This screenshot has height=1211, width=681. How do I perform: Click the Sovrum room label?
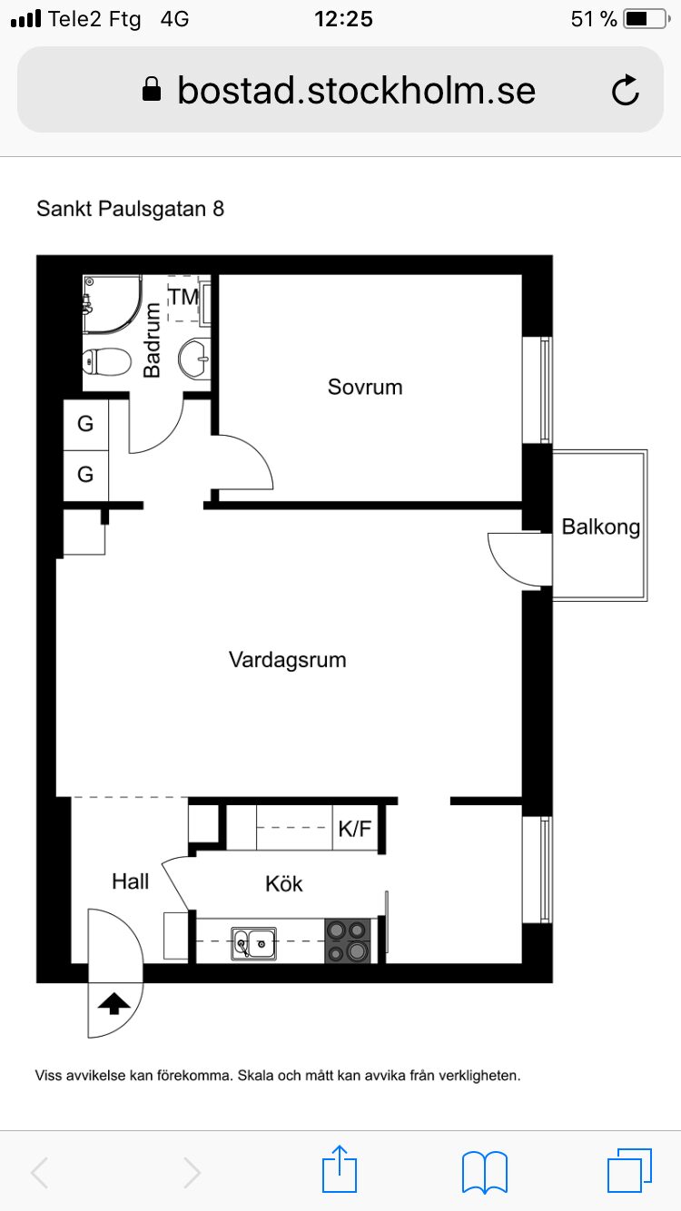[365, 388]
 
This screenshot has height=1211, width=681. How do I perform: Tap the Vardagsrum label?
[287, 660]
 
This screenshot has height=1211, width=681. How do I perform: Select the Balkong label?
[600, 527]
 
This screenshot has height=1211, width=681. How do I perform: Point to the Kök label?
[283, 883]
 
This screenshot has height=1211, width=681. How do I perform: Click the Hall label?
[131, 881]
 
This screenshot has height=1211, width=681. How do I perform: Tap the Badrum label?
[153, 340]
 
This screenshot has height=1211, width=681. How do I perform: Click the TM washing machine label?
[183, 296]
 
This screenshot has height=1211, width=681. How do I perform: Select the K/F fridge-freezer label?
[355, 829]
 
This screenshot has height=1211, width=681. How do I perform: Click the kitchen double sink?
[253, 943]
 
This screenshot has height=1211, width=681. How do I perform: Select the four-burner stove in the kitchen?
[349, 940]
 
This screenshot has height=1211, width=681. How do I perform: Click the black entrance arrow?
[113, 1003]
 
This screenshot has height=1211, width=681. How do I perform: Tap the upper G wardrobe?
[85, 424]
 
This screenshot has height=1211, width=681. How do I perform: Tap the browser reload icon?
[626, 91]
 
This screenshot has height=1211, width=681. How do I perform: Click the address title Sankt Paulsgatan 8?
[130, 209]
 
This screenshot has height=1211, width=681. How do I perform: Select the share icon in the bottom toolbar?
[340, 1170]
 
